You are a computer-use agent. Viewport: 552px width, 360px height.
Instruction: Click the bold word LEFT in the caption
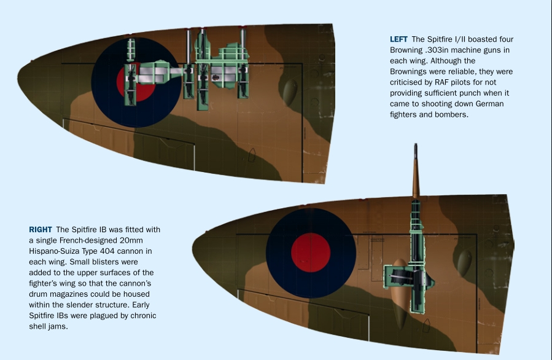click(398, 39)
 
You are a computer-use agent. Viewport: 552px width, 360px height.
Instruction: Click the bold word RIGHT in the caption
click(41, 230)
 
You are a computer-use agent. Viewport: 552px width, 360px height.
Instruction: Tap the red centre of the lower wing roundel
click(311, 252)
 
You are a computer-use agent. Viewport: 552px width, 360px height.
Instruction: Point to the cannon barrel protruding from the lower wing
click(416, 171)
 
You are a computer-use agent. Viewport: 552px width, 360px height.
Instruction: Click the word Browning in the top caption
click(405, 50)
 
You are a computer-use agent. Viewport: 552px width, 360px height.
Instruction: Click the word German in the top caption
click(490, 104)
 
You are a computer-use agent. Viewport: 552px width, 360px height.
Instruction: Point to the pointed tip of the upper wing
click(18, 77)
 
